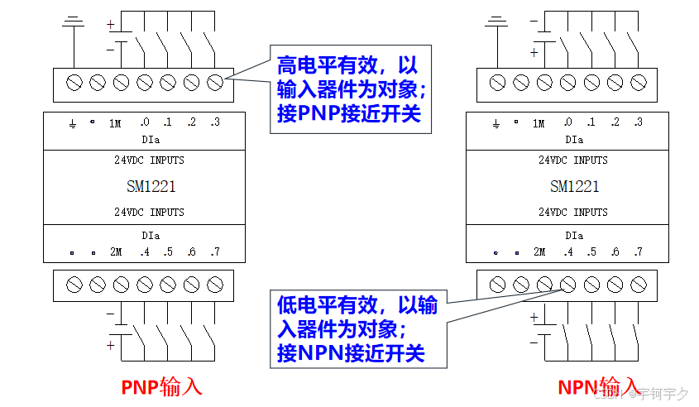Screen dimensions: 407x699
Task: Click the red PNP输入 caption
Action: (161, 387)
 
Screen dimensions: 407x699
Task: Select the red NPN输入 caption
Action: (598, 387)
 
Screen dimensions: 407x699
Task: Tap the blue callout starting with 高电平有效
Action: (351, 89)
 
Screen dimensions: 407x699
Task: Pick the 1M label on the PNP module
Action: (114, 123)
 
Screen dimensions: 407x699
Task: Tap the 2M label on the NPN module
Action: (539, 251)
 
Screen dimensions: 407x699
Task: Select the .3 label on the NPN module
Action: (637, 122)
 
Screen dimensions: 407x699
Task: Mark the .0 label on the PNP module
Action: (144, 122)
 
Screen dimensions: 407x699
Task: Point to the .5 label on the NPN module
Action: (591, 251)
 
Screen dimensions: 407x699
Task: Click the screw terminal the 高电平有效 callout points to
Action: (215, 82)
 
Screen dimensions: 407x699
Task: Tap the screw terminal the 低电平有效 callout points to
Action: (567, 284)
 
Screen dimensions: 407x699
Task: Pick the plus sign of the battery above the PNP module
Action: (110, 24)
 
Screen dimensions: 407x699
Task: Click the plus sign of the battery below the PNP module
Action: (110, 345)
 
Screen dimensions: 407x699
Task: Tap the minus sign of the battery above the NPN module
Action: (534, 19)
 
